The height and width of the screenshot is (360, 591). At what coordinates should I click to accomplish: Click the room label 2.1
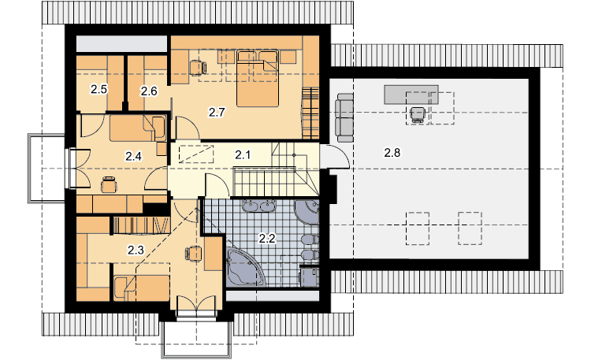[x=243, y=154]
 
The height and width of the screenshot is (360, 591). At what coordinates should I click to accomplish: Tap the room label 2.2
[x=266, y=238]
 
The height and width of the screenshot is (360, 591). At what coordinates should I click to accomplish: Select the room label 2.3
[x=136, y=250]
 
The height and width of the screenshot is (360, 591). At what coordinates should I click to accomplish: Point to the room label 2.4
[x=133, y=156]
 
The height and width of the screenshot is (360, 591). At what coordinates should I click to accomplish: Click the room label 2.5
[x=98, y=89]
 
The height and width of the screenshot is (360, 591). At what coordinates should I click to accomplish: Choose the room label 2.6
[x=149, y=91]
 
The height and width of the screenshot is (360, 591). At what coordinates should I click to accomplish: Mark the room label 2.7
[x=217, y=112]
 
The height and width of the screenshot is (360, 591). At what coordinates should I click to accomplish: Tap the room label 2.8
[x=392, y=153]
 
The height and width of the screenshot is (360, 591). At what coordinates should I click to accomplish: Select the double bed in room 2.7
[x=258, y=79]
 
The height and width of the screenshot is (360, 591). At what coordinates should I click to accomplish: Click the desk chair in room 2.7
[x=198, y=68]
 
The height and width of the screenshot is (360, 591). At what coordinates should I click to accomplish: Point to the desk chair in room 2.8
[x=418, y=114]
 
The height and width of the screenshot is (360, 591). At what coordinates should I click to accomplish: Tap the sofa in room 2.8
[x=345, y=117]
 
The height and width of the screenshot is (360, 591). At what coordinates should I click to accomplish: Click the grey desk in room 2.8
[x=411, y=95]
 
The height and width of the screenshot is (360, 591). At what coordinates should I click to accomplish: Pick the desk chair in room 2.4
[x=109, y=184]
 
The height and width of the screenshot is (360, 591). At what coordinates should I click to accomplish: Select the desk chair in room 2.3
[x=193, y=253]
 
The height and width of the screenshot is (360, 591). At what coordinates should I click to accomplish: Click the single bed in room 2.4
[x=138, y=128]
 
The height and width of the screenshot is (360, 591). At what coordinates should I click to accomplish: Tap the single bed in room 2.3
[x=141, y=288]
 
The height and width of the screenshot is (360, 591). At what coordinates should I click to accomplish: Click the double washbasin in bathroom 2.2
[x=260, y=206]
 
